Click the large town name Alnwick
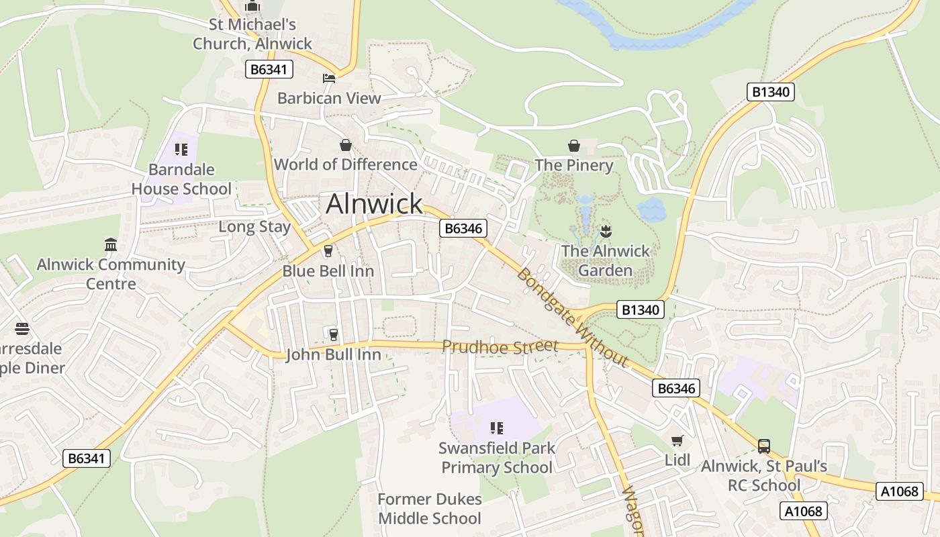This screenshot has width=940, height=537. [374, 203]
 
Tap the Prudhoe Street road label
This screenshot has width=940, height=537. [500, 346]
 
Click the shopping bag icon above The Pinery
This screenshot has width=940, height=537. [574, 146]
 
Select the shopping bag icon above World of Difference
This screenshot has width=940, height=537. [345, 145]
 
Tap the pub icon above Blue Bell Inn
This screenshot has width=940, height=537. [328, 251]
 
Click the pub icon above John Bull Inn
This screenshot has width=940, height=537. [333, 334]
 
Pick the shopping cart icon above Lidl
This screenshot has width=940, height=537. [677, 441]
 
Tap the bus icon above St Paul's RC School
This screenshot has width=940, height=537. [763, 446]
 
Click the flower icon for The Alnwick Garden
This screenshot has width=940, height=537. [606, 232]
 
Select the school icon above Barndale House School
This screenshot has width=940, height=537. [181, 150]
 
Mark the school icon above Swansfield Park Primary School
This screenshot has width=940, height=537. [497, 428]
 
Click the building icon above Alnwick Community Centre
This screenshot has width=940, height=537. [111, 244]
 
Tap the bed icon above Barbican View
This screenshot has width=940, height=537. [329, 79]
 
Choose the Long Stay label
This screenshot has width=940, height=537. [254, 227]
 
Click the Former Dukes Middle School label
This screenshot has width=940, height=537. [430, 509]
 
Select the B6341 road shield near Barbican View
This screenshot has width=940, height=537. [269, 69]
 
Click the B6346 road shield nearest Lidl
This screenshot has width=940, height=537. [676, 388]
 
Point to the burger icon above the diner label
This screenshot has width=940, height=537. [22, 329]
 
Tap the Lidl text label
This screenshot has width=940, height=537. [677, 460]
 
